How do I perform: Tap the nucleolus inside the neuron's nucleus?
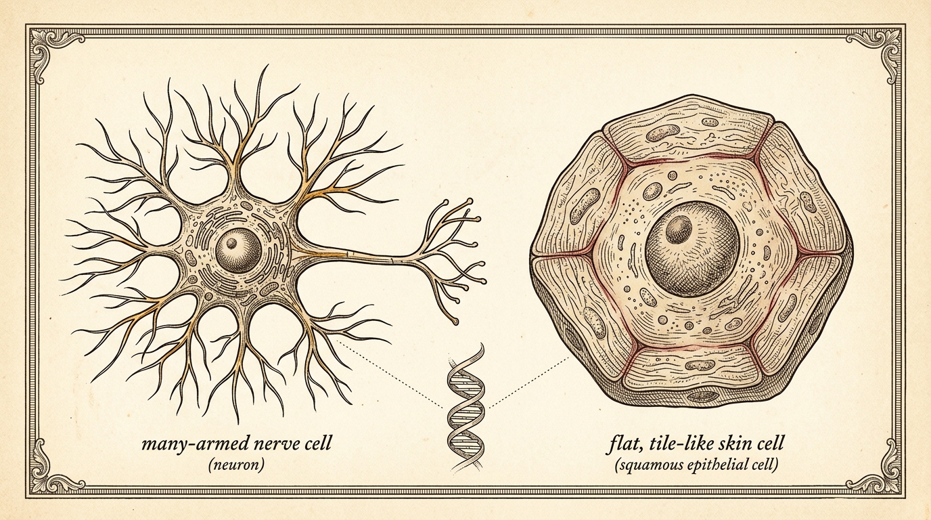(x=231, y=242)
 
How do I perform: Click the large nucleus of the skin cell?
(x=693, y=248)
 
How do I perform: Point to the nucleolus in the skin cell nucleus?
(x=679, y=230)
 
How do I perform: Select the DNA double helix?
(x=466, y=408)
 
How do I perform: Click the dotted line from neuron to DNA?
(x=389, y=374)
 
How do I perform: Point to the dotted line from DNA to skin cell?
(x=528, y=383)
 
